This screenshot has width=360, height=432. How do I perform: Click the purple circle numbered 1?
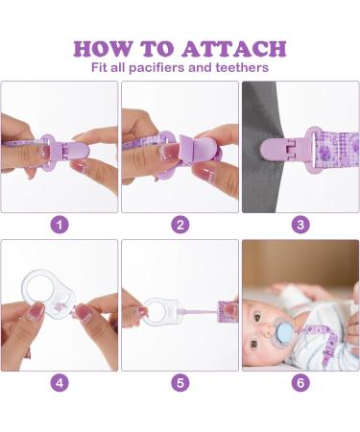(x=60, y=225)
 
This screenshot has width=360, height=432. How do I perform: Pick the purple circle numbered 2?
(x=180, y=225)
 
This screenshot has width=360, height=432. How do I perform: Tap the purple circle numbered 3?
(x=300, y=225)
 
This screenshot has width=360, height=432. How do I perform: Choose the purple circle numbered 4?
(x=60, y=382)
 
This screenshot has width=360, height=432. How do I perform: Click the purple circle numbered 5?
(x=180, y=382)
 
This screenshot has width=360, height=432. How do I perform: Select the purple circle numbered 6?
(x=300, y=382)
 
